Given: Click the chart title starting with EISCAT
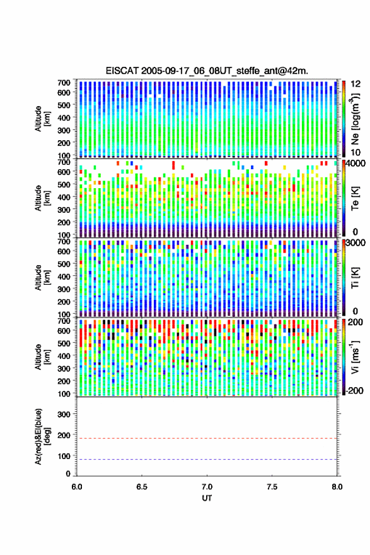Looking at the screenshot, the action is (x=207, y=71).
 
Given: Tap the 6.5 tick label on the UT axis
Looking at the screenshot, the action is (x=142, y=487).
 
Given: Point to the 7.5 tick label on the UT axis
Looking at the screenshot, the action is (x=272, y=487).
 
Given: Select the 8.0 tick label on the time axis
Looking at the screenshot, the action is (x=337, y=487).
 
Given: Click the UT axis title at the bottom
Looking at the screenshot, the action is (x=207, y=498).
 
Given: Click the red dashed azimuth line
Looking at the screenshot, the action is (x=207, y=439).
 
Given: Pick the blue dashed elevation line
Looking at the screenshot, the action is (x=207, y=460).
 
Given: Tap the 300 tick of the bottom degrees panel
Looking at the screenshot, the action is (x=64, y=414).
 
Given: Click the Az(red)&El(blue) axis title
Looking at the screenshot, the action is (x=42, y=436).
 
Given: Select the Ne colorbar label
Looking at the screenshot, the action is (x=355, y=119).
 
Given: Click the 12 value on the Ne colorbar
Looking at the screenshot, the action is (x=356, y=84).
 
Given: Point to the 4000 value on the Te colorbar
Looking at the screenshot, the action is (x=356, y=163).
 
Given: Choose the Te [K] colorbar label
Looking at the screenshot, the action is (x=355, y=198).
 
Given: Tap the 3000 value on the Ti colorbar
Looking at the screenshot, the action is (x=356, y=243).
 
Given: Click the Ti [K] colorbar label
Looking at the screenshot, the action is (x=355, y=277).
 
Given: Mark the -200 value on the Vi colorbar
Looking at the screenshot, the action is (x=355, y=391).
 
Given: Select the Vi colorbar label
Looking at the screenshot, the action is (x=355, y=357).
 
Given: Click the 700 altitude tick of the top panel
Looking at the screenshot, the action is (x=64, y=83).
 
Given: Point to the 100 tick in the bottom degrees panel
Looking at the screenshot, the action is (x=64, y=457).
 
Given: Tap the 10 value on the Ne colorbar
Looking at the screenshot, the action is (x=356, y=153).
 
